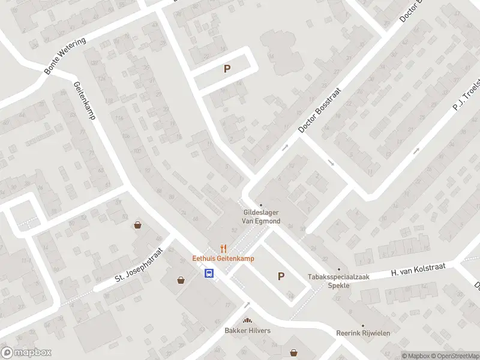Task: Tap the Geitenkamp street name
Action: pyautogui.click(x=85, y=100)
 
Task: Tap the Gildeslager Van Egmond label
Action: pyautogui.click(x=261, y=217)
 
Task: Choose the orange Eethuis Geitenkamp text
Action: pyautogui.click(x=223, y=259)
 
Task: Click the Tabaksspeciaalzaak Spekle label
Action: pyautogui.click(x=338, y=281)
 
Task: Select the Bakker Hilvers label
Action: pyautogui.click(x=247, y=331)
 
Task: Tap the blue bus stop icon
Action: pyautogui.click(x=209, y=274)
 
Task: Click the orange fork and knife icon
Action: pyautogui.click(x=223, y=248)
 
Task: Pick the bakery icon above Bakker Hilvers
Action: pyautogui.click(x=247, y=321)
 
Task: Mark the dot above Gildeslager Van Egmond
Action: pyautogui.click(x=261, y=205)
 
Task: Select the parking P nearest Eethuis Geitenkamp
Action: pyautogui.click(x=280, y=276)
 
